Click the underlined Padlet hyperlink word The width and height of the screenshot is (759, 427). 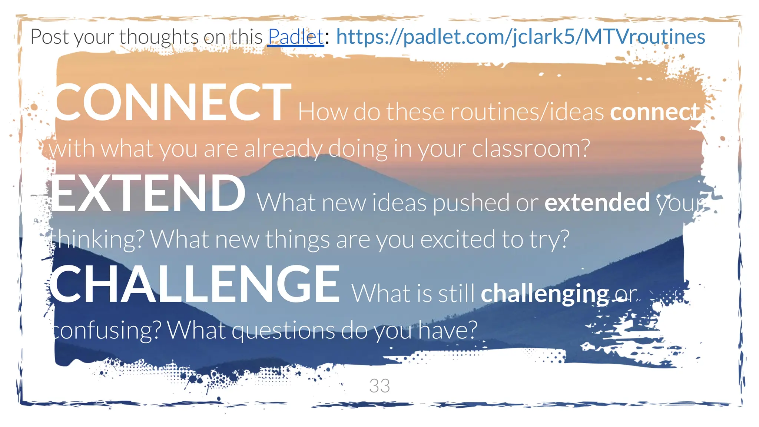point(296,37)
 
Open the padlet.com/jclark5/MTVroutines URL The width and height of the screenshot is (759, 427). point(520,37)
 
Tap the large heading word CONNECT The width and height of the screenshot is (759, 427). point(173,103)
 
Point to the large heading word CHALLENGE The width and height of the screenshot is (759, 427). point(195,284)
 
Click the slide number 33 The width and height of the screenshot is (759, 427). point(379,386)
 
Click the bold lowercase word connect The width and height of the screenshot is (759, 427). point(655,112)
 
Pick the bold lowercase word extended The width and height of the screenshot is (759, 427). point(597,203)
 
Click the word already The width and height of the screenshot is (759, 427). point(283,149)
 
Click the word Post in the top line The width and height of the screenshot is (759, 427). point(50,37)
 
